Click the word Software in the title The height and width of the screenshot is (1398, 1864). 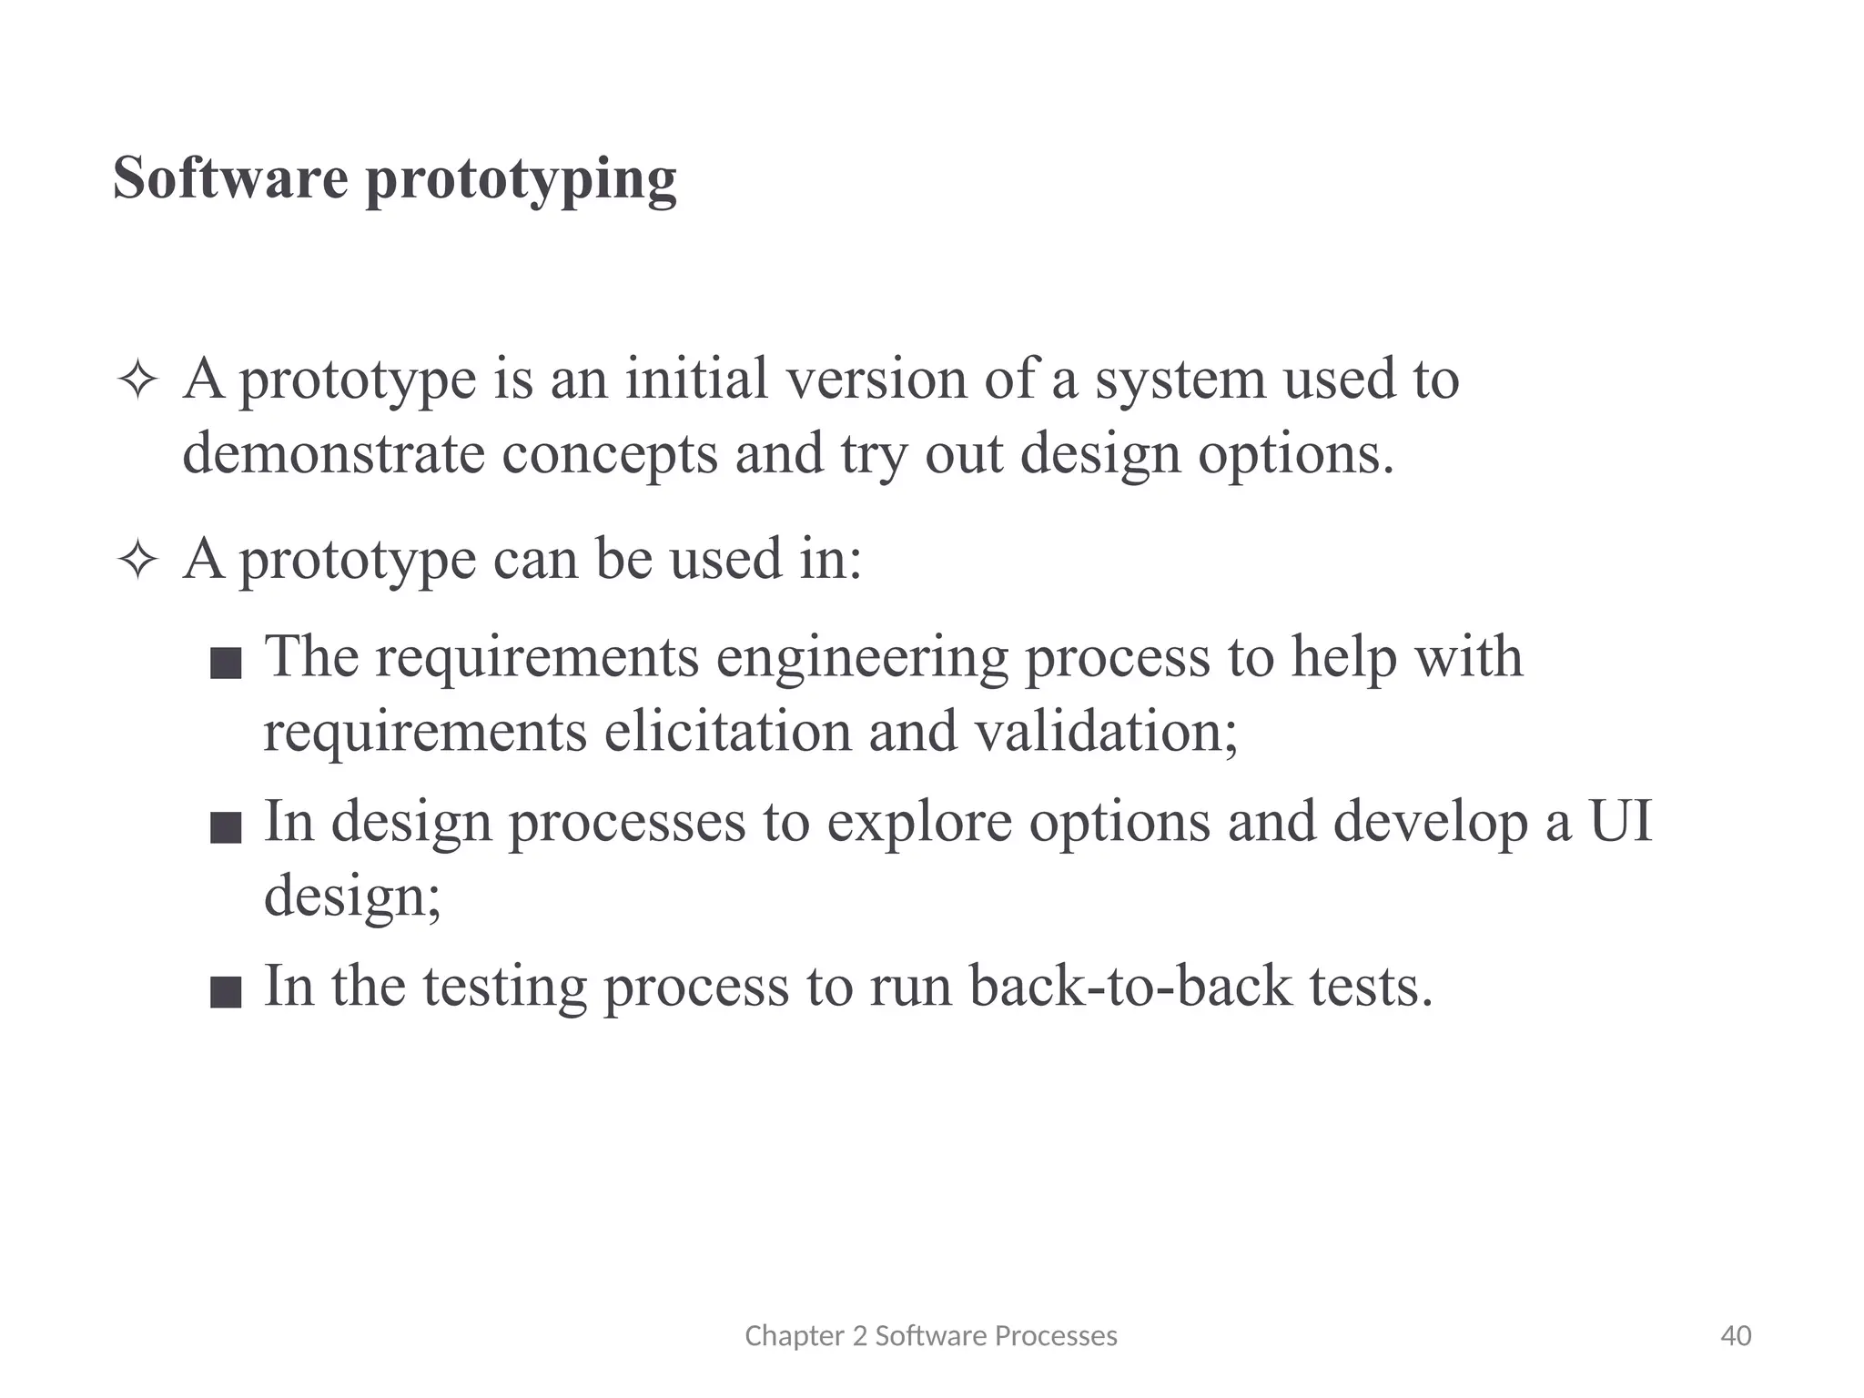(x=230, y=177)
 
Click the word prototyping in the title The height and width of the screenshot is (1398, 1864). (x=521, y=181)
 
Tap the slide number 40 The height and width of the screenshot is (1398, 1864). (x=1736, y=1336)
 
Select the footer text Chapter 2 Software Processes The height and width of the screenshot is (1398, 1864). (x=930, y=1336)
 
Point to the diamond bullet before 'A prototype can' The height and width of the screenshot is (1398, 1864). (x=138, y=561)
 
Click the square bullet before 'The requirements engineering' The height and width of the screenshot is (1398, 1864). (x=226, y=664)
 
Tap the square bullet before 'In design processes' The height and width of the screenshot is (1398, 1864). (x=226, y=828)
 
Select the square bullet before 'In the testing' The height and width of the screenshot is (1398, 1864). (x=226, y=992)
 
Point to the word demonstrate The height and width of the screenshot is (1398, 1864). (x=333, y=453)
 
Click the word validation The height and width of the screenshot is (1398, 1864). (x=1106, y=731)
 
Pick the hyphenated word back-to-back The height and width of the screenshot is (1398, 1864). (x=1130, y=986)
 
